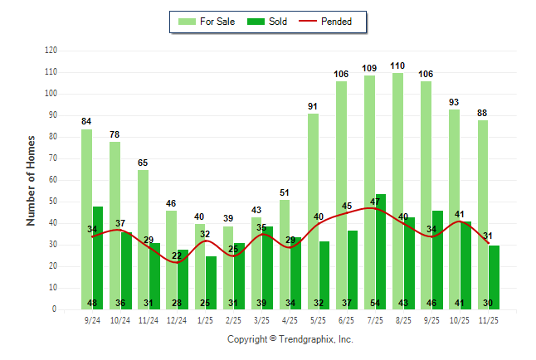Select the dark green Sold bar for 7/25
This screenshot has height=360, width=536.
tap(381, 249)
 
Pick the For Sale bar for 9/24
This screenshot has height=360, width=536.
tap(86, 216)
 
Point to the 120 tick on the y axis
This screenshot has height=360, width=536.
tap(51, 51)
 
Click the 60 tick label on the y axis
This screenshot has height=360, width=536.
tap(52, 180)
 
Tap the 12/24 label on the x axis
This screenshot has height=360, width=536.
tap(177, 319)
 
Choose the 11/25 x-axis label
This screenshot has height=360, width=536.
tap(488, 319)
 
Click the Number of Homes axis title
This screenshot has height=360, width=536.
tap(31, 180)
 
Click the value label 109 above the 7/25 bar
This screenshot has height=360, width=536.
tap(369, 68)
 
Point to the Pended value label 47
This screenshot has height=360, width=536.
tap(375, 202)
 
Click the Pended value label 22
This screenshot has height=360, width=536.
tap(177, 255)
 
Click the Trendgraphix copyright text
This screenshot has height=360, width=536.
tap(290, 339)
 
